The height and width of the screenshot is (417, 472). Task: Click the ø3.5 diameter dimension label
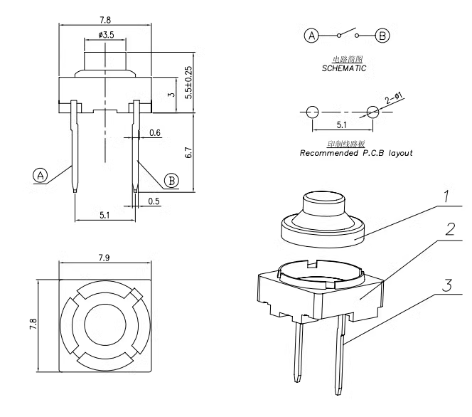click(x=104, y=34)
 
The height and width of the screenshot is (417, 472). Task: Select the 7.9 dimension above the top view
click(x=104, y=257)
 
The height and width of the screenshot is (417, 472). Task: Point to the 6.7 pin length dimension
click(x=188, y=152)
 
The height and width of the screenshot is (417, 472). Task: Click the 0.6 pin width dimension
click(x=155, y=133)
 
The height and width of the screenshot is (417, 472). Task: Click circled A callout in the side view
click(x=41, y=175)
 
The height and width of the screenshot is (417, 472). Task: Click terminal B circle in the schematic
click(x=382, y=35)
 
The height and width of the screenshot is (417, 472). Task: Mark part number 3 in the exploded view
click(x=447, y=285)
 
